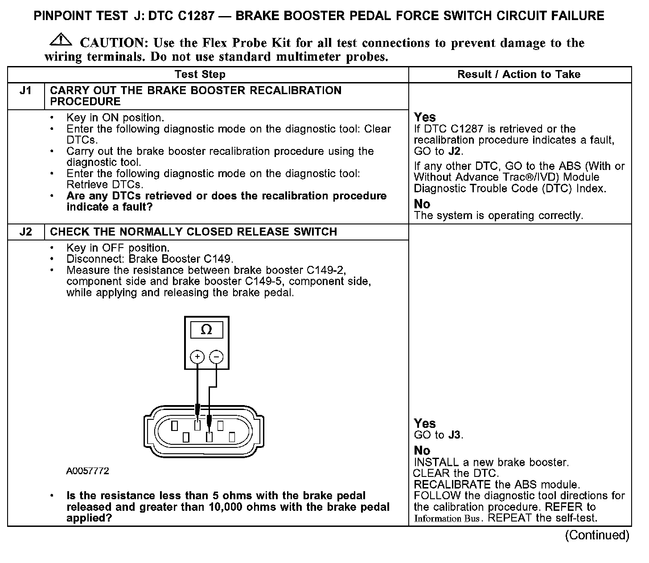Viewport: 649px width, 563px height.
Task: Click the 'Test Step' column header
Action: [x=200, y=75]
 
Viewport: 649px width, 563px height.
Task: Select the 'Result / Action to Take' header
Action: [x=519, y=75]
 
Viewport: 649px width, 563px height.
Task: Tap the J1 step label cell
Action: [x=26, y=91]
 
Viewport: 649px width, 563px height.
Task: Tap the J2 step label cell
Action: [x=26, y=232]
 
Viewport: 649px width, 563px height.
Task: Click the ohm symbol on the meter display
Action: [x=206, y=330]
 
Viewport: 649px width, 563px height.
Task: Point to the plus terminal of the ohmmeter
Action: [x=197, y=356]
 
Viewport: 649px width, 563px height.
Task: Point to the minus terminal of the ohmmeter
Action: [x=216, y=356]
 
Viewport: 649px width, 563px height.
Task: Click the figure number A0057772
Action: [x=87, y=471]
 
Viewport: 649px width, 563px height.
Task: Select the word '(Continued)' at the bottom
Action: [x=597, y=535]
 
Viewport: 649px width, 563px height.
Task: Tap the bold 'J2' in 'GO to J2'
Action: [x=455, y=151]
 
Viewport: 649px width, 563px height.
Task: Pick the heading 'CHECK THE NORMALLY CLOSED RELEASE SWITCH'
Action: [x=193, y=232]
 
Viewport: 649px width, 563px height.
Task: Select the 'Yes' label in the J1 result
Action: [x=425, y=117]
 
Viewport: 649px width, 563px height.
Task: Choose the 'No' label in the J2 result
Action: [x=422, y=450]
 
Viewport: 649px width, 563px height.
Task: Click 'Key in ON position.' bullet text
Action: [x=115, y=118]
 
